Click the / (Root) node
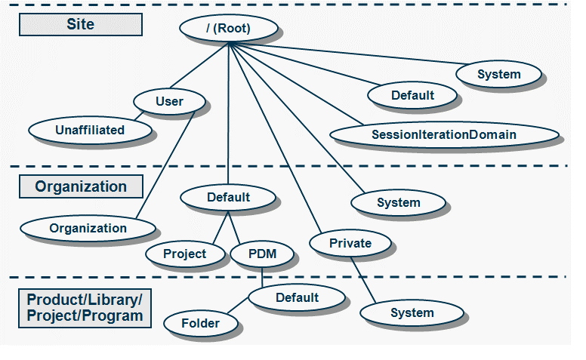point(228,29)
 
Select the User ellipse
point(169,101)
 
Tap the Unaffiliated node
point(90,130)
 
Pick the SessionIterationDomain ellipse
point(444,135)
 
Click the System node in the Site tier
point(498,74)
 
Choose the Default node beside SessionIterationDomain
point(412,95)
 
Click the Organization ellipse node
point(88,228)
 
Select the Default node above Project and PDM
point(228,198)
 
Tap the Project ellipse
point(184,254)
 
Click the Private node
point(350,243)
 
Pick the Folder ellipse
point(201,324)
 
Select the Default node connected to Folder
point(297,297)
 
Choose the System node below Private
point(412,312)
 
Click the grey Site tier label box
point(80,24)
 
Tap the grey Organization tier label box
point(80,186)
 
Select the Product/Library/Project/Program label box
point(84,307)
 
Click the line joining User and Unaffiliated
point(138,115)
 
